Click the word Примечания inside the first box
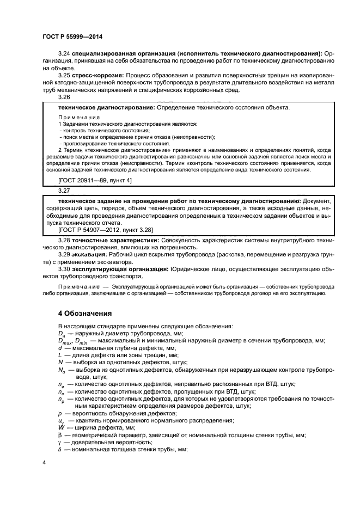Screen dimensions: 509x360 point(78,118)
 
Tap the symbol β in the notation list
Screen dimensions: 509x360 point(60,434)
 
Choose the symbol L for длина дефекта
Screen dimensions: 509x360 point(60,355)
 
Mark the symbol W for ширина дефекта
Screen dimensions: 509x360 point(60,427)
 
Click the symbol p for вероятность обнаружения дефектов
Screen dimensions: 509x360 point(60,413)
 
